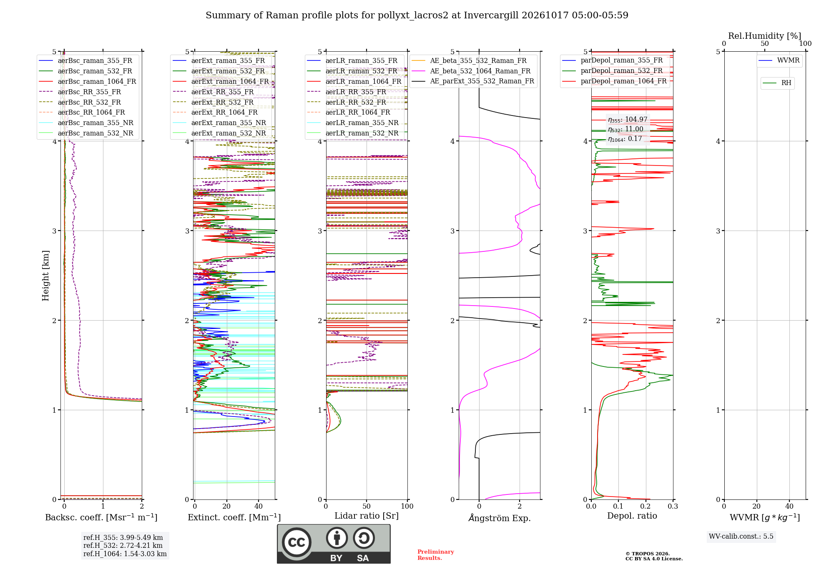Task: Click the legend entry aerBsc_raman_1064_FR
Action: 88,82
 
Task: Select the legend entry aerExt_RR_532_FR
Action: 213,102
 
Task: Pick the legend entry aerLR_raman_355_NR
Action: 352,123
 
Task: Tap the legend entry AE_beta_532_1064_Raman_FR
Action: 471,71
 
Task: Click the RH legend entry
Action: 777,83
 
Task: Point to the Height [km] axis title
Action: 45,276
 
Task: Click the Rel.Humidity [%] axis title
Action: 765,36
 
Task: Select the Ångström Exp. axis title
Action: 500,518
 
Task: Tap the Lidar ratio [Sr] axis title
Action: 367,516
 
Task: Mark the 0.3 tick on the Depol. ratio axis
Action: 673,507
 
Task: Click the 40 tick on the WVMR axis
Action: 789,507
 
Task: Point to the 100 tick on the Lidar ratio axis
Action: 407,507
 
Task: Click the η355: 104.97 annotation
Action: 628,120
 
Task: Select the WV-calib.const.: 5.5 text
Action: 741,537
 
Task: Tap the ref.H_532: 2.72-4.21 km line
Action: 123,546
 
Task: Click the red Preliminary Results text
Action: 436,555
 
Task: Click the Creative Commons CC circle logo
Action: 296,542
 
